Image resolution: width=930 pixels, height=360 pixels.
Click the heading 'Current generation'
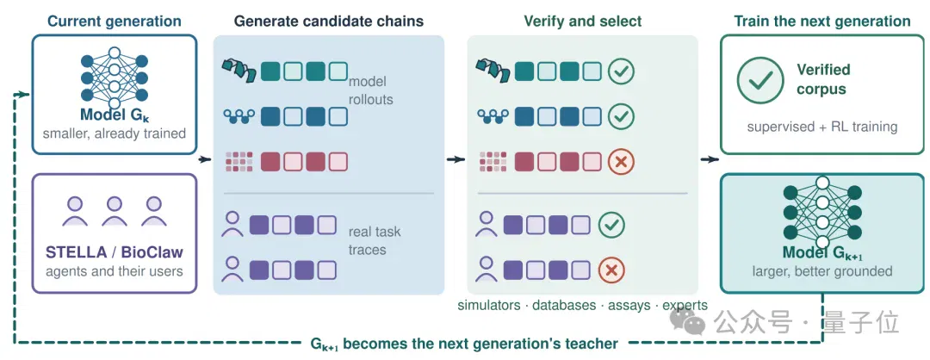coord(115,22)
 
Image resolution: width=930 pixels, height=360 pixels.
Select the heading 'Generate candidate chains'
coord(329,22)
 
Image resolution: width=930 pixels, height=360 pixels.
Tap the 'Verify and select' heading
coord(582,22)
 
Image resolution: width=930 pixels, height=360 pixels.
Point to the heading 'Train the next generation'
coord(822,22)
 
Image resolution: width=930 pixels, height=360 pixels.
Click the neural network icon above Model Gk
coord(115,74)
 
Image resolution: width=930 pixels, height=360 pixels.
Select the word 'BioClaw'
coord(152,252)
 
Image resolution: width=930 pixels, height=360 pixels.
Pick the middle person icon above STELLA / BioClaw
coord(115,211)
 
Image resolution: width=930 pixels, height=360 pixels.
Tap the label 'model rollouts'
coord(370,90)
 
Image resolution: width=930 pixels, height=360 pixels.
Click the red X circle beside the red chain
coord(621,161)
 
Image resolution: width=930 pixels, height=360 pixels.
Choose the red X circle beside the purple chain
coord(611,270)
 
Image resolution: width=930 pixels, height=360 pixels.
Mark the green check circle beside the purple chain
coord(611,225)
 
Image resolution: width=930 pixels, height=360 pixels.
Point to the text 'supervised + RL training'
coord(822,127)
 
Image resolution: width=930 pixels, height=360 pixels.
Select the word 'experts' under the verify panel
coord(685,306)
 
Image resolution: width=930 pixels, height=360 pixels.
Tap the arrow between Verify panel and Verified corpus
coord(710,159)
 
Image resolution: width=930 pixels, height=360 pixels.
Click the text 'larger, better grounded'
coord(822,271)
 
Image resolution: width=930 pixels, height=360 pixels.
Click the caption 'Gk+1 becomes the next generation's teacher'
coord(464,344)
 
